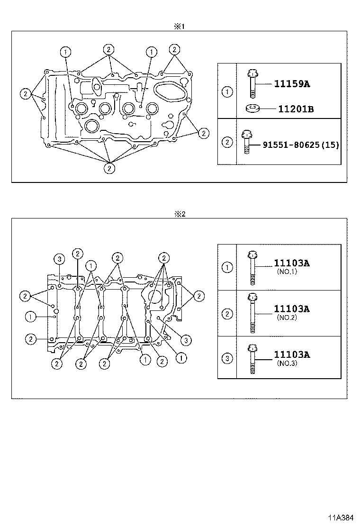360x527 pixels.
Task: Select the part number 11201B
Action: coord(296,109)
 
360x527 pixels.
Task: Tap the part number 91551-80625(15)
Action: coord(301,145)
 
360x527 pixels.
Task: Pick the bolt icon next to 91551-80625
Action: coord(246,142)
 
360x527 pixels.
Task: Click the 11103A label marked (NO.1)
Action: coord(291,263)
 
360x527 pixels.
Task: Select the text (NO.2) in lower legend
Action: coord(287,318)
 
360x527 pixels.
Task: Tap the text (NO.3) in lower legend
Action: coord(287,363)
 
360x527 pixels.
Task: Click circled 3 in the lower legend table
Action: coord(227,358)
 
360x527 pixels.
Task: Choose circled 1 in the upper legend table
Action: coord(227,91)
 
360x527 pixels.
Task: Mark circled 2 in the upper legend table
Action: coord(227,142)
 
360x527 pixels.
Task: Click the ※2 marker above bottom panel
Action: coord(180,214)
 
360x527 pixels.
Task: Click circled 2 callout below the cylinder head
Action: coord(109,167)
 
